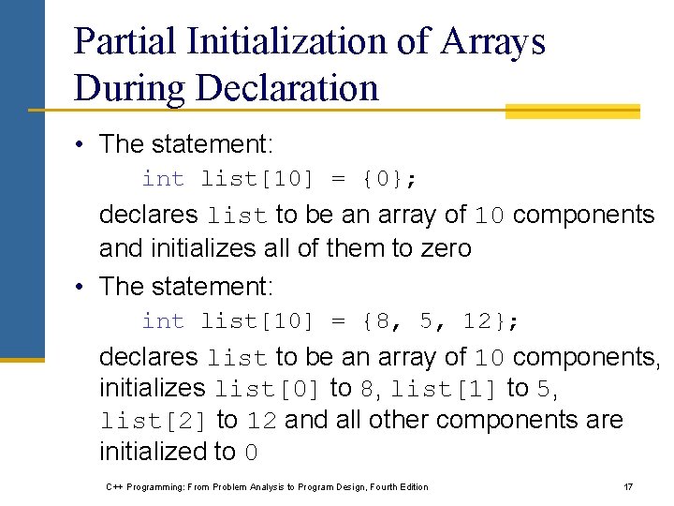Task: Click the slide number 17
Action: pyautogui.click(x=628, y=486)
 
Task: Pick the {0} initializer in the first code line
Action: pyautogui.click(x=390, y=179)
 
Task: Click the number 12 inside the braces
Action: pyautogui.click(x=476, y=321)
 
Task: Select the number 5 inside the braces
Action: pyautogui.click(x=427, y=321)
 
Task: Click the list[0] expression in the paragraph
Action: pyautogui.click(x=269, y=389)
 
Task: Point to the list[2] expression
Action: pyautogui.click(x=154, y=421)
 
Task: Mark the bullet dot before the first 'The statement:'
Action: pyautogui.click(x=83, y=144)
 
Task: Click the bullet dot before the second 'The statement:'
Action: pyautogui.click(x=83, y=286)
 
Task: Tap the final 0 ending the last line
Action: pyautogui.click(x=250, y=453)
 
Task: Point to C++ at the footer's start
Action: pyautogui.click(x=113, y=486)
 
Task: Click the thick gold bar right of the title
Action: pyautogui.click(x=572, y=112)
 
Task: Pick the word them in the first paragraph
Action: pyautogui.click(x=347, y=248)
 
